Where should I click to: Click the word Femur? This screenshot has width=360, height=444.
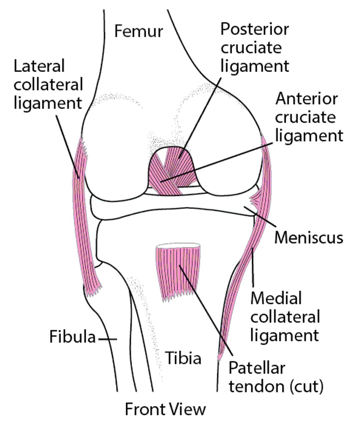138,31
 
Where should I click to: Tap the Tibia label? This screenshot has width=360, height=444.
183,358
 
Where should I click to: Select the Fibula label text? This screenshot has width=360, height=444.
72,337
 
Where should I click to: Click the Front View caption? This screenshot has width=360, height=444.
165,409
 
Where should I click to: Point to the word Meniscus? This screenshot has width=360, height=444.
309,237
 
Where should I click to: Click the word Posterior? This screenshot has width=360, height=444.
254,29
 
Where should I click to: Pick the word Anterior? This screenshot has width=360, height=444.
306,99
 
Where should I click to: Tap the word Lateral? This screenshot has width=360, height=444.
39,66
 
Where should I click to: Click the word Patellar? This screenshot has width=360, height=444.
257,368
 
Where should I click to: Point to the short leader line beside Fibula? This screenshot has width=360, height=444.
107,339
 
